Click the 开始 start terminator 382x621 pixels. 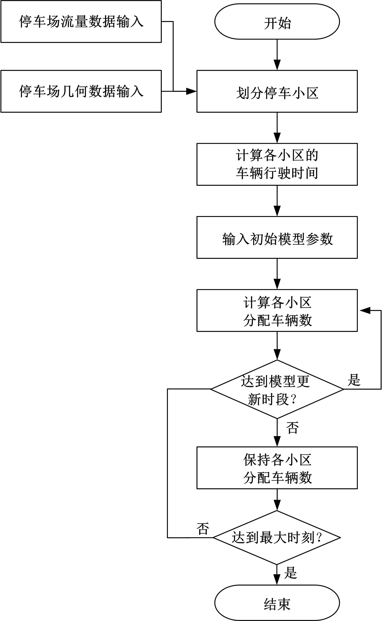pyautogui.click(x=277, y=22)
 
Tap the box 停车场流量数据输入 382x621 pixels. pyautogui.click(x=81, y=22)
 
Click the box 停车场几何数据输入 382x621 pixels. pyautogui.click(x=81, y=91)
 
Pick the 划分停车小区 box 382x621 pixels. pyautogui.click(x=277, y=91)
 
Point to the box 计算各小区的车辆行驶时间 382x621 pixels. pyautogui.click(x=277, y=164)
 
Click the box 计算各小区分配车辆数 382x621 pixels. pyautogui.click(x=277, y=310)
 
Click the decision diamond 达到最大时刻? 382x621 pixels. pyautogui.click(x=277, y=537)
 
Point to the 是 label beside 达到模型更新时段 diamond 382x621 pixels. pyautogui.click(x=354, y=380)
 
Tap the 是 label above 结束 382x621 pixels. pyautogui.click(x=290, y=572)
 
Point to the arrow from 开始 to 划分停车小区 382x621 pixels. pyautogui.click(x=277, y=54)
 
